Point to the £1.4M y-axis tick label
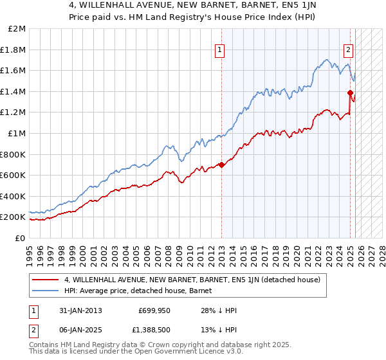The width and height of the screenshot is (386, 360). [x=14, y=91]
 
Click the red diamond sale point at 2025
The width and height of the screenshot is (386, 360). [x=350, y=93]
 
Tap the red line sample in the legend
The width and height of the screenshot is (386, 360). [x=45, y=280]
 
